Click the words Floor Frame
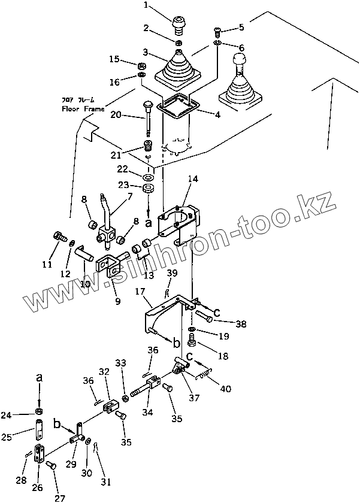coord(83,109)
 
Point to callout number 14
coord(192,178)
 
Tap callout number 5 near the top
coord(241,27)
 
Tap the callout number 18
coord(223,356)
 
